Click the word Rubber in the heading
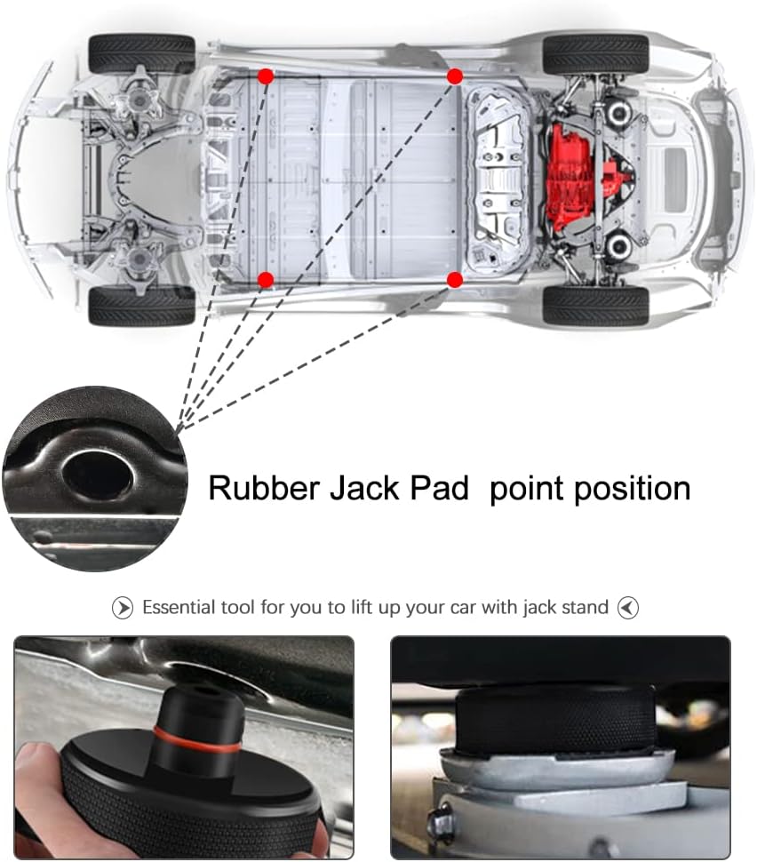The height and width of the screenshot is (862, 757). [x=264, y=488]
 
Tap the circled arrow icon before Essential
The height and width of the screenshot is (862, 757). [x=122, y=608]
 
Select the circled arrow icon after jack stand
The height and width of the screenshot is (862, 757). [x=628, y=608]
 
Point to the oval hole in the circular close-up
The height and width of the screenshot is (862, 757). [x=98, y=475]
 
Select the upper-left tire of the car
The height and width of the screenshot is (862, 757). [x=142, y=53]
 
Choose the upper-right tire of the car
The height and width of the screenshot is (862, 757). [x=596, y=53]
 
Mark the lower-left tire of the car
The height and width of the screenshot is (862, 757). [x=142, y=306]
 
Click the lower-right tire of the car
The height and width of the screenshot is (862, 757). [x=596, y=306]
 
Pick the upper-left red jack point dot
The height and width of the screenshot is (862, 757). [x=266, y=76]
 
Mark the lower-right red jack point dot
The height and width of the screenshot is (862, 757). [x=455, y=280]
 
